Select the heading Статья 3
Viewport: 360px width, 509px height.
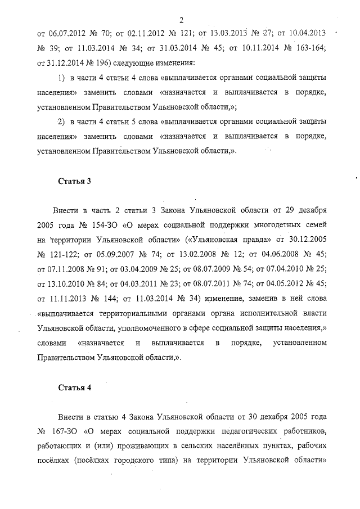[74, 181]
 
